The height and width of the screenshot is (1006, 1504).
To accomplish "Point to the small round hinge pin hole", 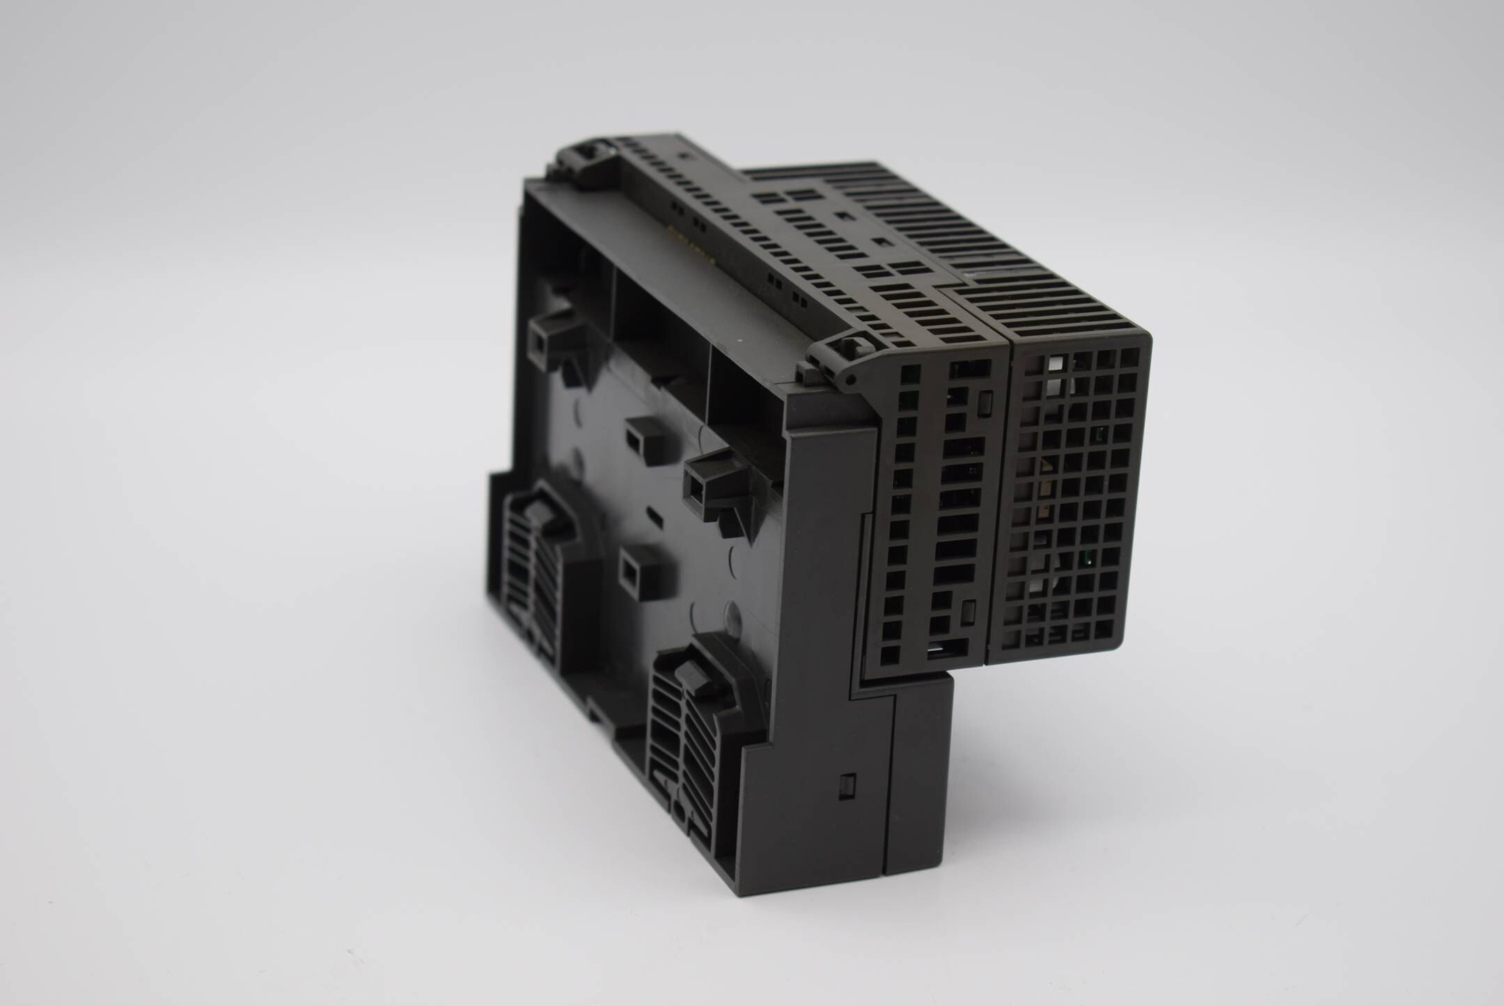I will pos(852,380).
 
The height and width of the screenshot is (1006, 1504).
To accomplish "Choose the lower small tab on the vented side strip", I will pos(966,611).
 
